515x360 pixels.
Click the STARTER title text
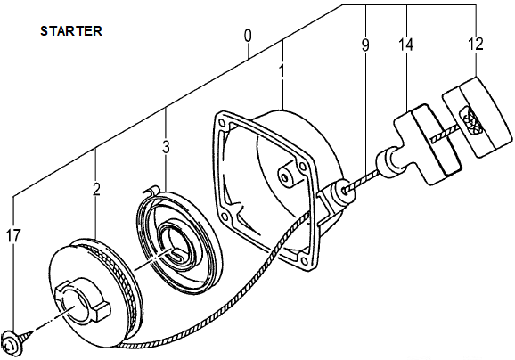[x=71, y=31]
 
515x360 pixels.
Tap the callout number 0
[x=248, y=37]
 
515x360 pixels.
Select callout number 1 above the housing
[x=282, y=71]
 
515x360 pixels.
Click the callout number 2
[x=96, y=189]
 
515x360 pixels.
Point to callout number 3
[x=167, y=147]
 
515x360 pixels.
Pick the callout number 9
[x=365, y=45]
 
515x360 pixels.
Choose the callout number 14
[x=406, y=45]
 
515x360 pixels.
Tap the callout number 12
[x=476, y=44]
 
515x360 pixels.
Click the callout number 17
[x=13, y=235]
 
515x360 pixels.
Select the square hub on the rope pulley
[x=82, y=301]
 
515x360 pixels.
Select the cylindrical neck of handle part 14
[x=390, y=163]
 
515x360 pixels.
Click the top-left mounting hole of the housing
[x=223, y=124]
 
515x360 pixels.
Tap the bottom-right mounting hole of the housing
[x=304, y=260]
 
